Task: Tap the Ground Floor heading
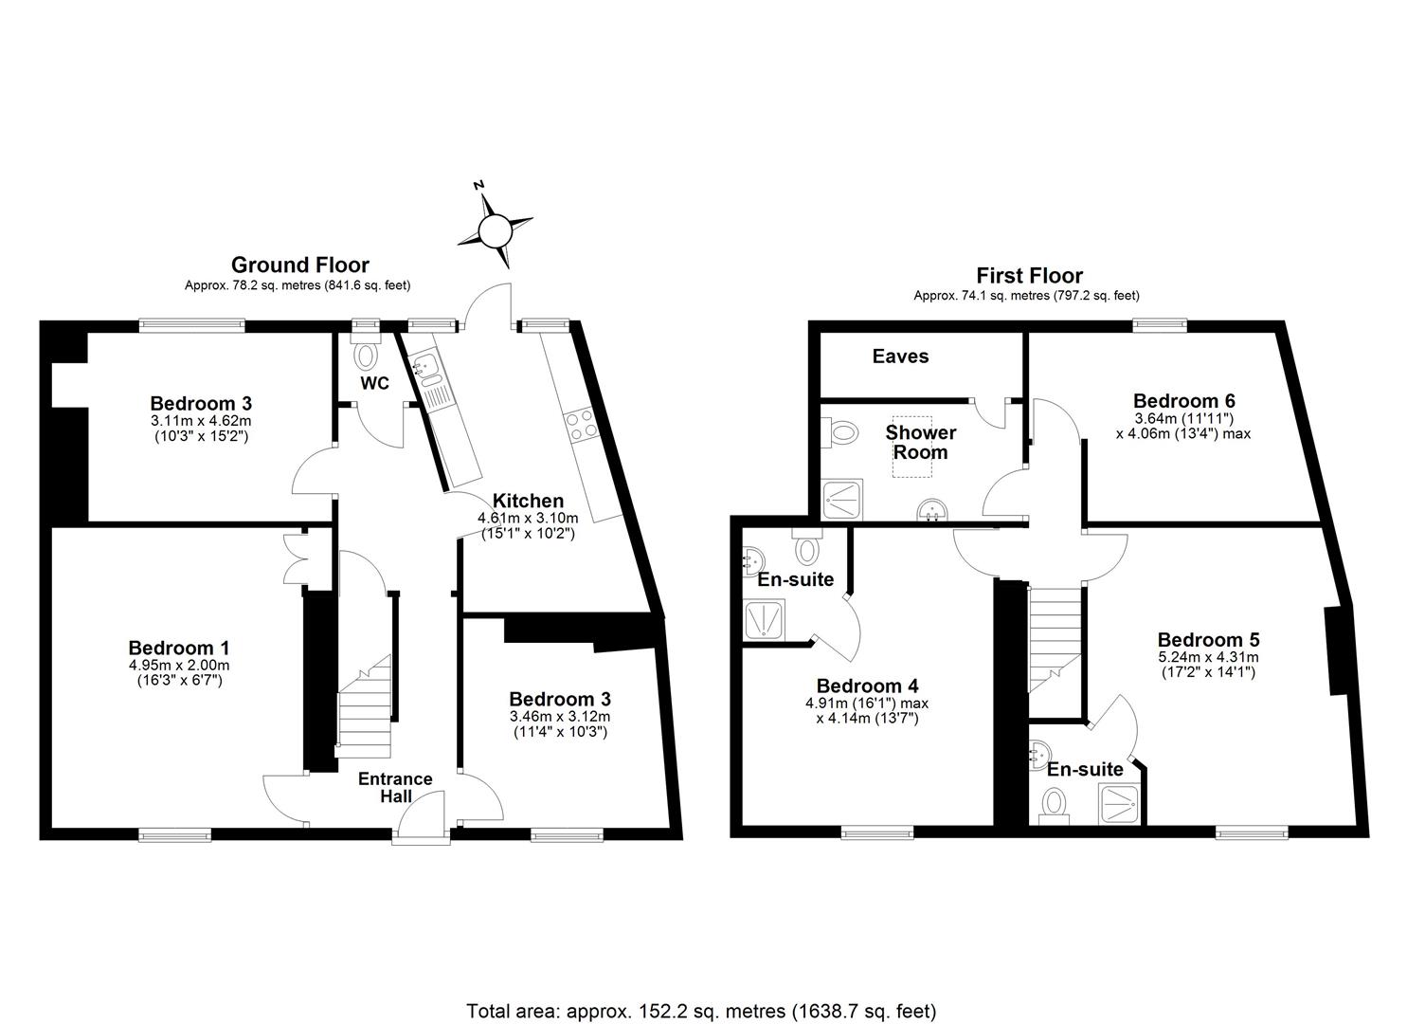pos(299,265)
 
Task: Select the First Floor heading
pos(1029,276)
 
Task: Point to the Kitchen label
pos(527,501)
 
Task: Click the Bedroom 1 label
pos(178,648)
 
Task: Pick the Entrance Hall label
pos(395,787)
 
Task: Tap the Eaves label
pos(900,357)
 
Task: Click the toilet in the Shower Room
pos(840,433)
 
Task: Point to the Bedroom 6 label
pos(1183,400)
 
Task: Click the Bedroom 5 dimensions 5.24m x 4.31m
pos(1207,657)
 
